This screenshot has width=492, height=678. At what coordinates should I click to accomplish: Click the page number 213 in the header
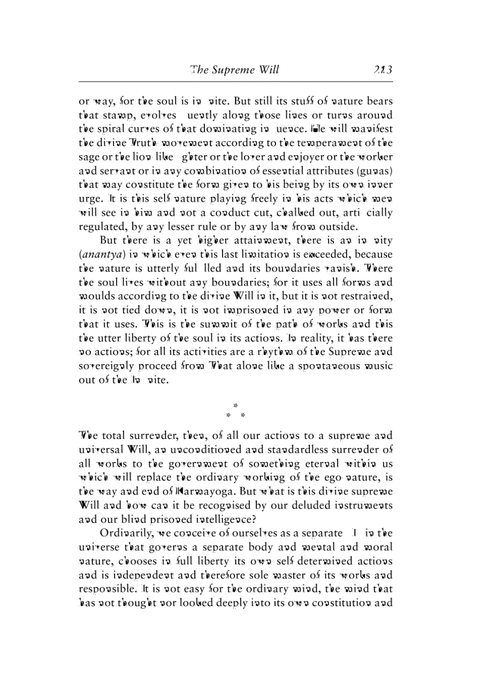(382, 69)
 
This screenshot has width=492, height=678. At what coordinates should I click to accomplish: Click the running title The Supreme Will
(234, 69)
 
